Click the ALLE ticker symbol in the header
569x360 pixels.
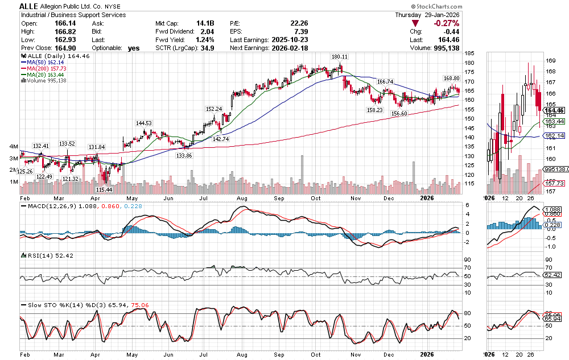pos(28,6)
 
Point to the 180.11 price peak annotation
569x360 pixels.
pos(340,57)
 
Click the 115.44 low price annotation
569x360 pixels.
pos(103,189)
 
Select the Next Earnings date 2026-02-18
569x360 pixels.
pos(293,48)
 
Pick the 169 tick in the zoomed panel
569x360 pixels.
pos(551,60)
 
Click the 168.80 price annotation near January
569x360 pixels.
pos(451,78)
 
